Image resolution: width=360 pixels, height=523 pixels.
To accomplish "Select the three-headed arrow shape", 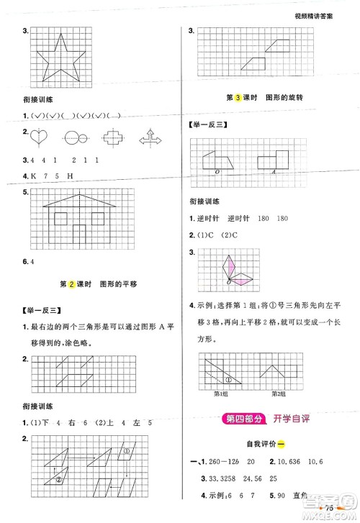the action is [148, 135].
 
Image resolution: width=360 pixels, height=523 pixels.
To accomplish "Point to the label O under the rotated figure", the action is [208, 173].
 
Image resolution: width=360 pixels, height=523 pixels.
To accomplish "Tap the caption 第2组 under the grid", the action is [278, 393].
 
